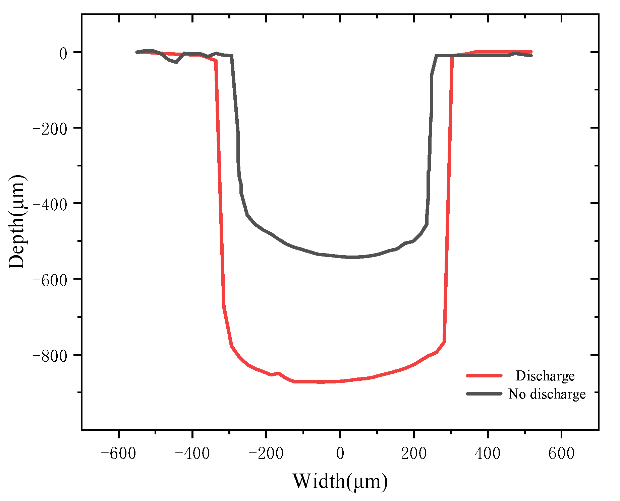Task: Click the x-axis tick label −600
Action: tap(118, 453)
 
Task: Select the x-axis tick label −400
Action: tap(192, 453)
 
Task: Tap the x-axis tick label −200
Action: tap(266, 453)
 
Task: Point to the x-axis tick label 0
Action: tap(340, 453)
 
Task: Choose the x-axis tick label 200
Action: tap(414, 453)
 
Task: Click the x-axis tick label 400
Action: tap(488, 453)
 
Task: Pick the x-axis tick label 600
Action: tap(561, 453)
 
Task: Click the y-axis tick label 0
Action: tap(63, 53)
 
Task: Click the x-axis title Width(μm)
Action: tap(340, 482)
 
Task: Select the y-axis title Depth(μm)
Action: tap(17, 222)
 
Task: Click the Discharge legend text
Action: tap(545, 376)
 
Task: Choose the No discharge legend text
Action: tap(547, 394)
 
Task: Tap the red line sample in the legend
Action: tap(484, 376)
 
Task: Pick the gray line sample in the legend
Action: tap(484, 394)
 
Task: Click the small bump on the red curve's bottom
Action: tap(278, 373)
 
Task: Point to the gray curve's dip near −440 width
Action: tap(176, 62)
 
